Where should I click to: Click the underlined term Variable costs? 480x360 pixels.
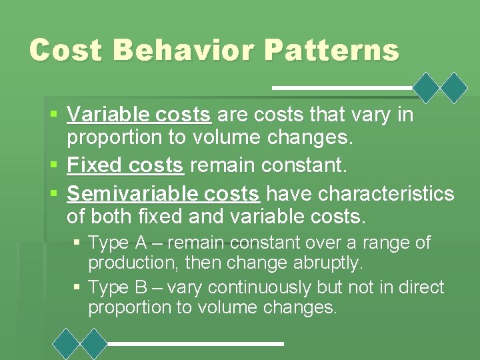pos(139,115)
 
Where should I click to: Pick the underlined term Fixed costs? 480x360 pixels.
pos(125,165)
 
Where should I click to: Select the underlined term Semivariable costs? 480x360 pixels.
pos(163,194)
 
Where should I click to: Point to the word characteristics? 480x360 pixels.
pos(386,194)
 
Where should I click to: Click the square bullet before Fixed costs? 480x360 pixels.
pos(55,165)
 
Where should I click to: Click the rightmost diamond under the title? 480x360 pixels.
pos(455,87)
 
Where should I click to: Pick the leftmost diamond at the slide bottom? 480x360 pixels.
pos(67,343)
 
